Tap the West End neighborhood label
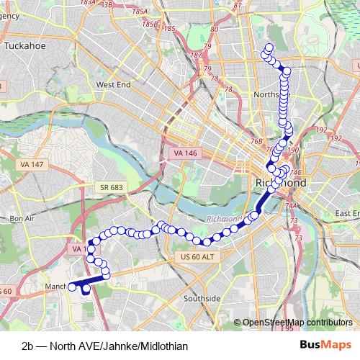(113, 84)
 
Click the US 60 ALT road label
(194, 257)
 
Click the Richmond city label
(281, 184)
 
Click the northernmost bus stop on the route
(269, 48)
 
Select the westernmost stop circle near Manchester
(72, 287)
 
